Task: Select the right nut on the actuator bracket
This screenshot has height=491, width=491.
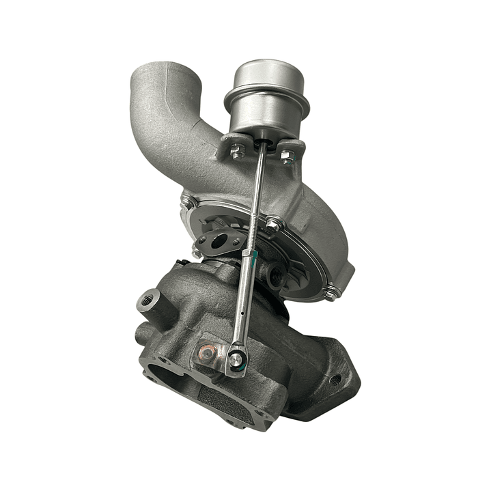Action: pyautogui.click(x=287, y=156)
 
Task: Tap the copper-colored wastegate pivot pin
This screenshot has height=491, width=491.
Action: pyautogui.click(x=206, y=352)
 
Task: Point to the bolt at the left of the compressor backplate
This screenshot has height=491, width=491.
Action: pyautogui.click(x=186, y=201)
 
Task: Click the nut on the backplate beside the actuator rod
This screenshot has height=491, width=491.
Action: pyautogui.click(x=272, y=223)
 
